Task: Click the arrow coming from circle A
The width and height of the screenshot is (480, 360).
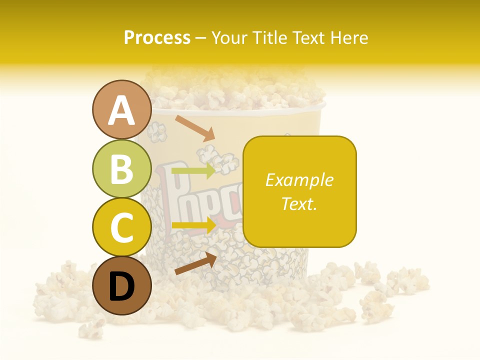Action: point(194,128)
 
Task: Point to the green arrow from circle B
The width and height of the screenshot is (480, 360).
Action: point(194,170)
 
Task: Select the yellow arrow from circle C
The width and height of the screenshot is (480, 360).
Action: point(194,224)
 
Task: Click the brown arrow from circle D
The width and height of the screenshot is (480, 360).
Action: point(195,263)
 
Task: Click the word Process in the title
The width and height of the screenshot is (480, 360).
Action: point(157,38)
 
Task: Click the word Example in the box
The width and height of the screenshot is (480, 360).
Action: point(299,180)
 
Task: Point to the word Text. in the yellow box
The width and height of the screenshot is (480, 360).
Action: point(299,203)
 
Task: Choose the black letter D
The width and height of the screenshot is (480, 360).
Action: point(121,287)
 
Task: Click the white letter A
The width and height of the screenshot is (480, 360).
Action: point(121,110)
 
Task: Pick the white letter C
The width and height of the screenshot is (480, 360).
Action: point(121,227)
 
